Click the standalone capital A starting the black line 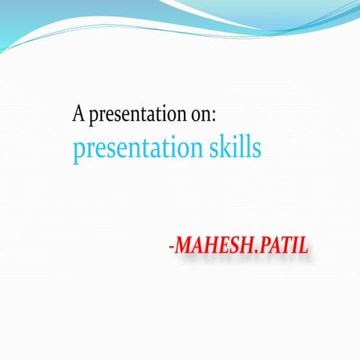click(79, 115)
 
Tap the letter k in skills click(224, 146)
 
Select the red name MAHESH click(214, 247)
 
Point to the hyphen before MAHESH click(172, 248)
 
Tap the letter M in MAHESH click(184, 247)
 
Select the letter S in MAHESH click(235, 247)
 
